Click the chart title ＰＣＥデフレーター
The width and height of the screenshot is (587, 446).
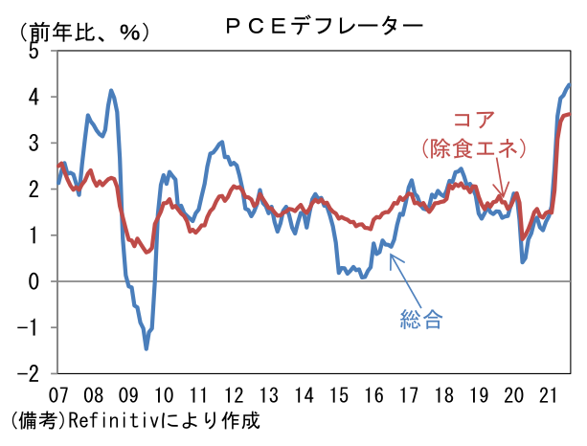click(323, 25)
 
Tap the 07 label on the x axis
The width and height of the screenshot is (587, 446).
click(57, 394)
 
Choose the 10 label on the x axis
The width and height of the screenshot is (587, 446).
click(163, 394)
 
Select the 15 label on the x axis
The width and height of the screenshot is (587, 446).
click(339, 394)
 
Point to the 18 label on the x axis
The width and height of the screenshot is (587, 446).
click(444, 394)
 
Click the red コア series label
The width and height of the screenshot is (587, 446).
click(475, 122)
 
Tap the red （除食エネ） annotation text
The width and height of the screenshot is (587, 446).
click(475, 149)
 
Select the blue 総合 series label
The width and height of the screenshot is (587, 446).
click(421, 320)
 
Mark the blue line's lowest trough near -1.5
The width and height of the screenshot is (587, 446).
click(147, 348)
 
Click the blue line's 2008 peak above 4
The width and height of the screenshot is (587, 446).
click(112, 91)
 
